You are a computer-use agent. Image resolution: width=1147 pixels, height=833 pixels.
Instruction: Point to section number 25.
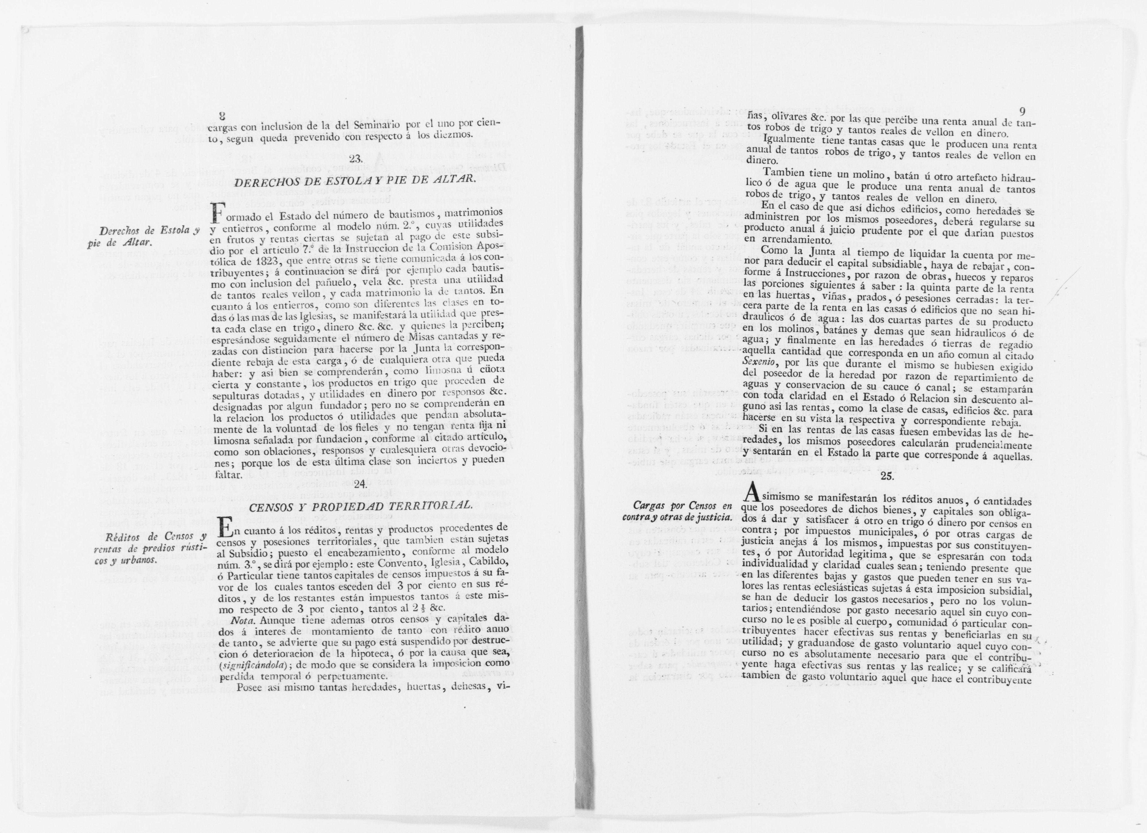click(x=888, y=476)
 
